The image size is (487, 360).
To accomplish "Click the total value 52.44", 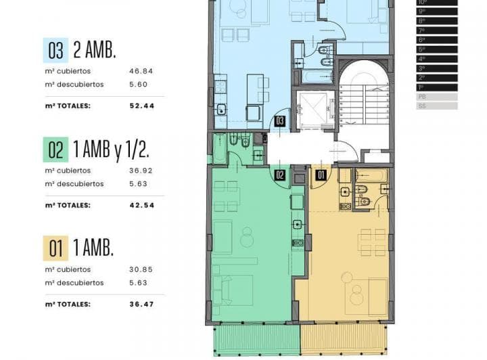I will (x=141, y=106).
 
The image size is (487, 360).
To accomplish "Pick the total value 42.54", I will (x=141, y=205).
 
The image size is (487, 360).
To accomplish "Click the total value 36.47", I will (x=141, y=304).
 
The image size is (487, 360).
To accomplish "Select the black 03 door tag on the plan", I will (x=279, y=122).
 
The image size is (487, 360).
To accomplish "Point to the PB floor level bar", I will (x=437, y=97).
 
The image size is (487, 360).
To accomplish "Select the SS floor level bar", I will (x=437, y=106).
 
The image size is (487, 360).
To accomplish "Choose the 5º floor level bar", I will (x=437, y=49).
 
